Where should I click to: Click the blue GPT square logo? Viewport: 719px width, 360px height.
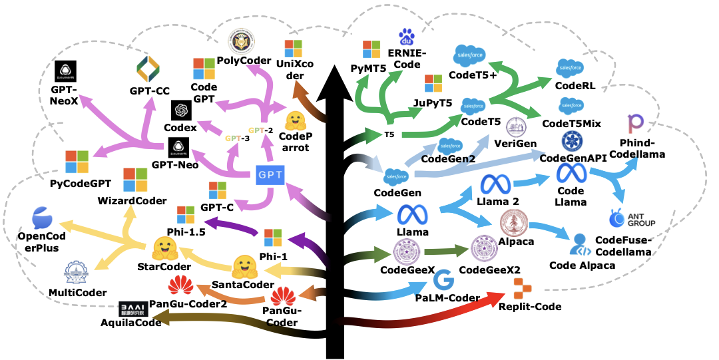click(x=271, y=175)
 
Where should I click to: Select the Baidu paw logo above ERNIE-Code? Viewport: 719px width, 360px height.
click(x=406, y=37)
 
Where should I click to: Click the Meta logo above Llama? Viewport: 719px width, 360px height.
click(x=411, y=214)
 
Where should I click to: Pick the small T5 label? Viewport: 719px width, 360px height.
click(x=389, y=135)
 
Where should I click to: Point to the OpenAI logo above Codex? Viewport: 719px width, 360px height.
click(x=180, y=110)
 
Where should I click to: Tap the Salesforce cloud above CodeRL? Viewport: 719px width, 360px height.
click(x=571, y=68)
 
